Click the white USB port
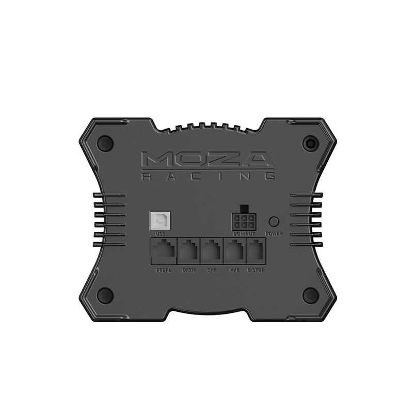click(x=158, y=221)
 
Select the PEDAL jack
click(x=163, y=251)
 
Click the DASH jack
click(x=188, y=251)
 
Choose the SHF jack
click(x=212, y=251)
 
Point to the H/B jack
click(x=235, y=251)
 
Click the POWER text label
click(x=274, y=234)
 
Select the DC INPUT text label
click(x=244, y=234)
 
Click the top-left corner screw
click(x=105, y=143)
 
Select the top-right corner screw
click(x=310, y=143)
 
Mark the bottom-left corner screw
click(x=105, y=295)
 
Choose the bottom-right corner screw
click(x=310, y=295)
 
